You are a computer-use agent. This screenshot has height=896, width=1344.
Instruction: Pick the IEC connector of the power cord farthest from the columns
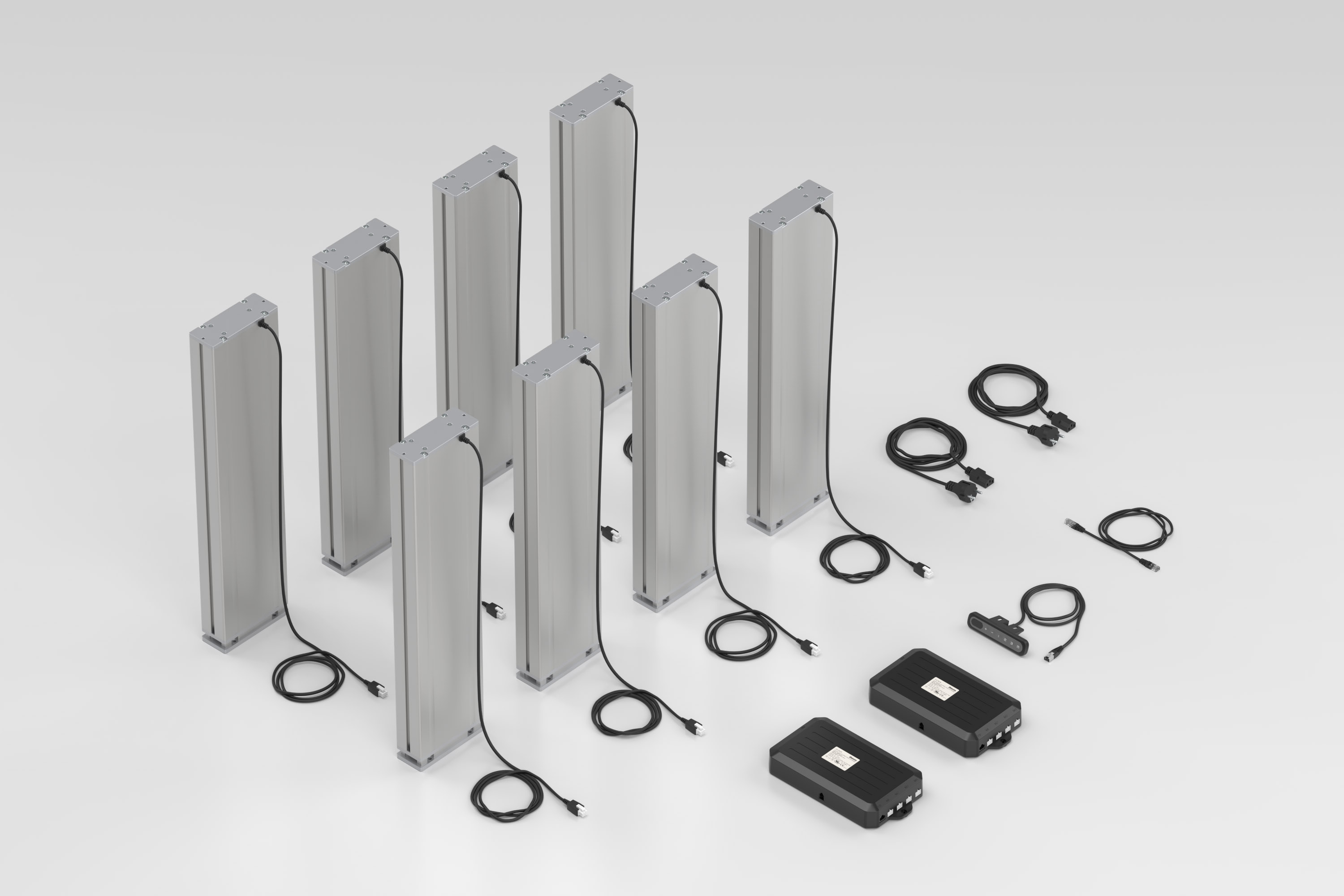click(x=1066, y=423)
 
